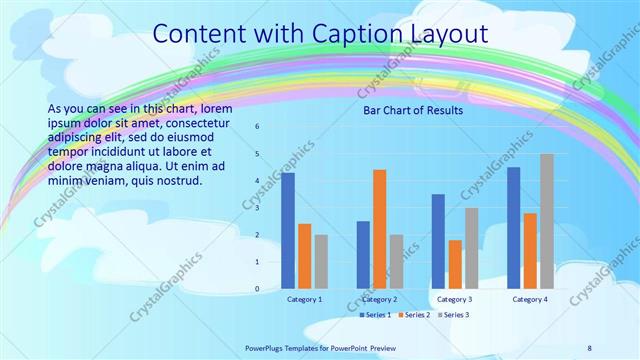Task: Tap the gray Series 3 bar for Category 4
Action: (546, 221)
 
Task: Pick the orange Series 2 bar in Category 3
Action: (455, 264)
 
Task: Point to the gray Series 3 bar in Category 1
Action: (321, 262)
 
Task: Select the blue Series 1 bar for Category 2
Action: (363, 255)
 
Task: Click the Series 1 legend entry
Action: (377, 315)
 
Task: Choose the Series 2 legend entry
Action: (415, 315)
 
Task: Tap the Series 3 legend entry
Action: (453, 315)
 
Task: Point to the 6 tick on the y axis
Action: (257, 127)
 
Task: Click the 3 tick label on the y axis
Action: (257, 208)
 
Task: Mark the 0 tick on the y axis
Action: (257, 289)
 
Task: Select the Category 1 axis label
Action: (304, 299)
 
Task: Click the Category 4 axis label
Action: (529, 299)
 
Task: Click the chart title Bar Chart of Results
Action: (412, 111)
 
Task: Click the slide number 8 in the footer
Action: (589, 348)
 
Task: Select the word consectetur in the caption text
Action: (195, 123)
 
